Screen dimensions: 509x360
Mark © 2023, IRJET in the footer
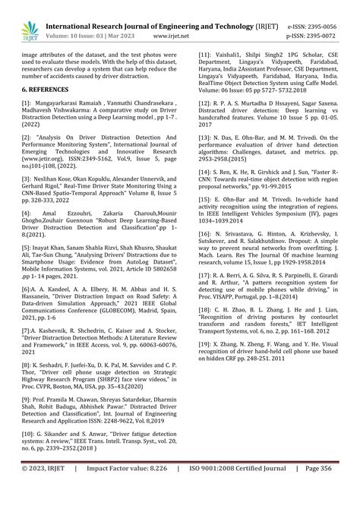pyautogui.click(x=45, y=492)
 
